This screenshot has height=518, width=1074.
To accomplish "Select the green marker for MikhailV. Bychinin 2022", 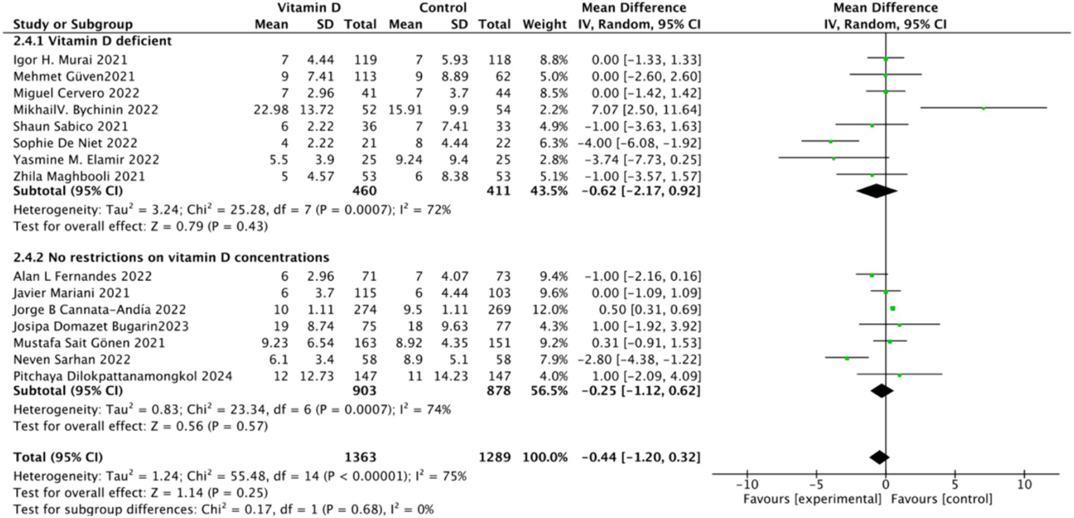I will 983,108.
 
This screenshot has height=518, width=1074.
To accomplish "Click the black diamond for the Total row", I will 879,457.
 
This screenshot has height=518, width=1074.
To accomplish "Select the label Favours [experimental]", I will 802,500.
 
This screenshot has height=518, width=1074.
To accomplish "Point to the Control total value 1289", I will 495,458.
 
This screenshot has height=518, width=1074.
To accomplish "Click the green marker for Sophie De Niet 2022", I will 831,142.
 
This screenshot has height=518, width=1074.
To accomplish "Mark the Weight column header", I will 544,25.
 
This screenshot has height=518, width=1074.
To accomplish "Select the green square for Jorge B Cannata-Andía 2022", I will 892,308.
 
